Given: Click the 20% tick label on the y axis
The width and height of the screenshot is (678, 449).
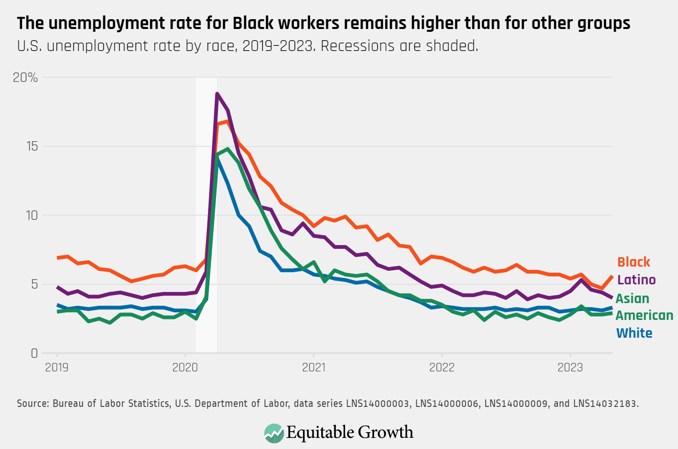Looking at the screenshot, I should tap(25, 78).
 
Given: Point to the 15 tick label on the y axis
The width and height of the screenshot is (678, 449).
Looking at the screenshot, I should tap(32, 146).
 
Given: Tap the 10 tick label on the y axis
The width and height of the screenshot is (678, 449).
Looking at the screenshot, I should tap(32, 216).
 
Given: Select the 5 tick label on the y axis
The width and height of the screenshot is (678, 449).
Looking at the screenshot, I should tap(34, 284).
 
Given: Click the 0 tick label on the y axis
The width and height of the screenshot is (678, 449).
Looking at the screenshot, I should tap(34, 354).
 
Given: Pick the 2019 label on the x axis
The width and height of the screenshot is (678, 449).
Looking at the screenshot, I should tap(57, 368).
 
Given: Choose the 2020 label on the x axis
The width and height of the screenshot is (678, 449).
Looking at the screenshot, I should tap(185, 368).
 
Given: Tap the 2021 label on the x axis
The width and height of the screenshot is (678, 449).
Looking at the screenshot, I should tap(314, 368).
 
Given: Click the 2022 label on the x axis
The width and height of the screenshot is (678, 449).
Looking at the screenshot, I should tap(442, 368).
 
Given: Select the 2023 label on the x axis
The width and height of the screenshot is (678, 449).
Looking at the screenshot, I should tap(570, 368).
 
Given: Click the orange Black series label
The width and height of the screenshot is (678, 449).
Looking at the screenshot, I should tap(634, 262).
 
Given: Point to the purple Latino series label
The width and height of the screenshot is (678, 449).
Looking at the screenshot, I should tap(636, 280).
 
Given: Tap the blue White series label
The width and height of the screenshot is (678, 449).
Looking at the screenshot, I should tap(634, 333).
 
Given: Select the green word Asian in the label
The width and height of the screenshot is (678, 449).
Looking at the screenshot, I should tap(632, 298).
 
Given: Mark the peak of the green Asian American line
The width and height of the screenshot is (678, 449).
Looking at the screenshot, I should tap(228, 149).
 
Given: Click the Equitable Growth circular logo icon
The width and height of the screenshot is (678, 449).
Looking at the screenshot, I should tap(274, 433).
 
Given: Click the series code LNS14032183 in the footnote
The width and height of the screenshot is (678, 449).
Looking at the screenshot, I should tap(605, 403).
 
